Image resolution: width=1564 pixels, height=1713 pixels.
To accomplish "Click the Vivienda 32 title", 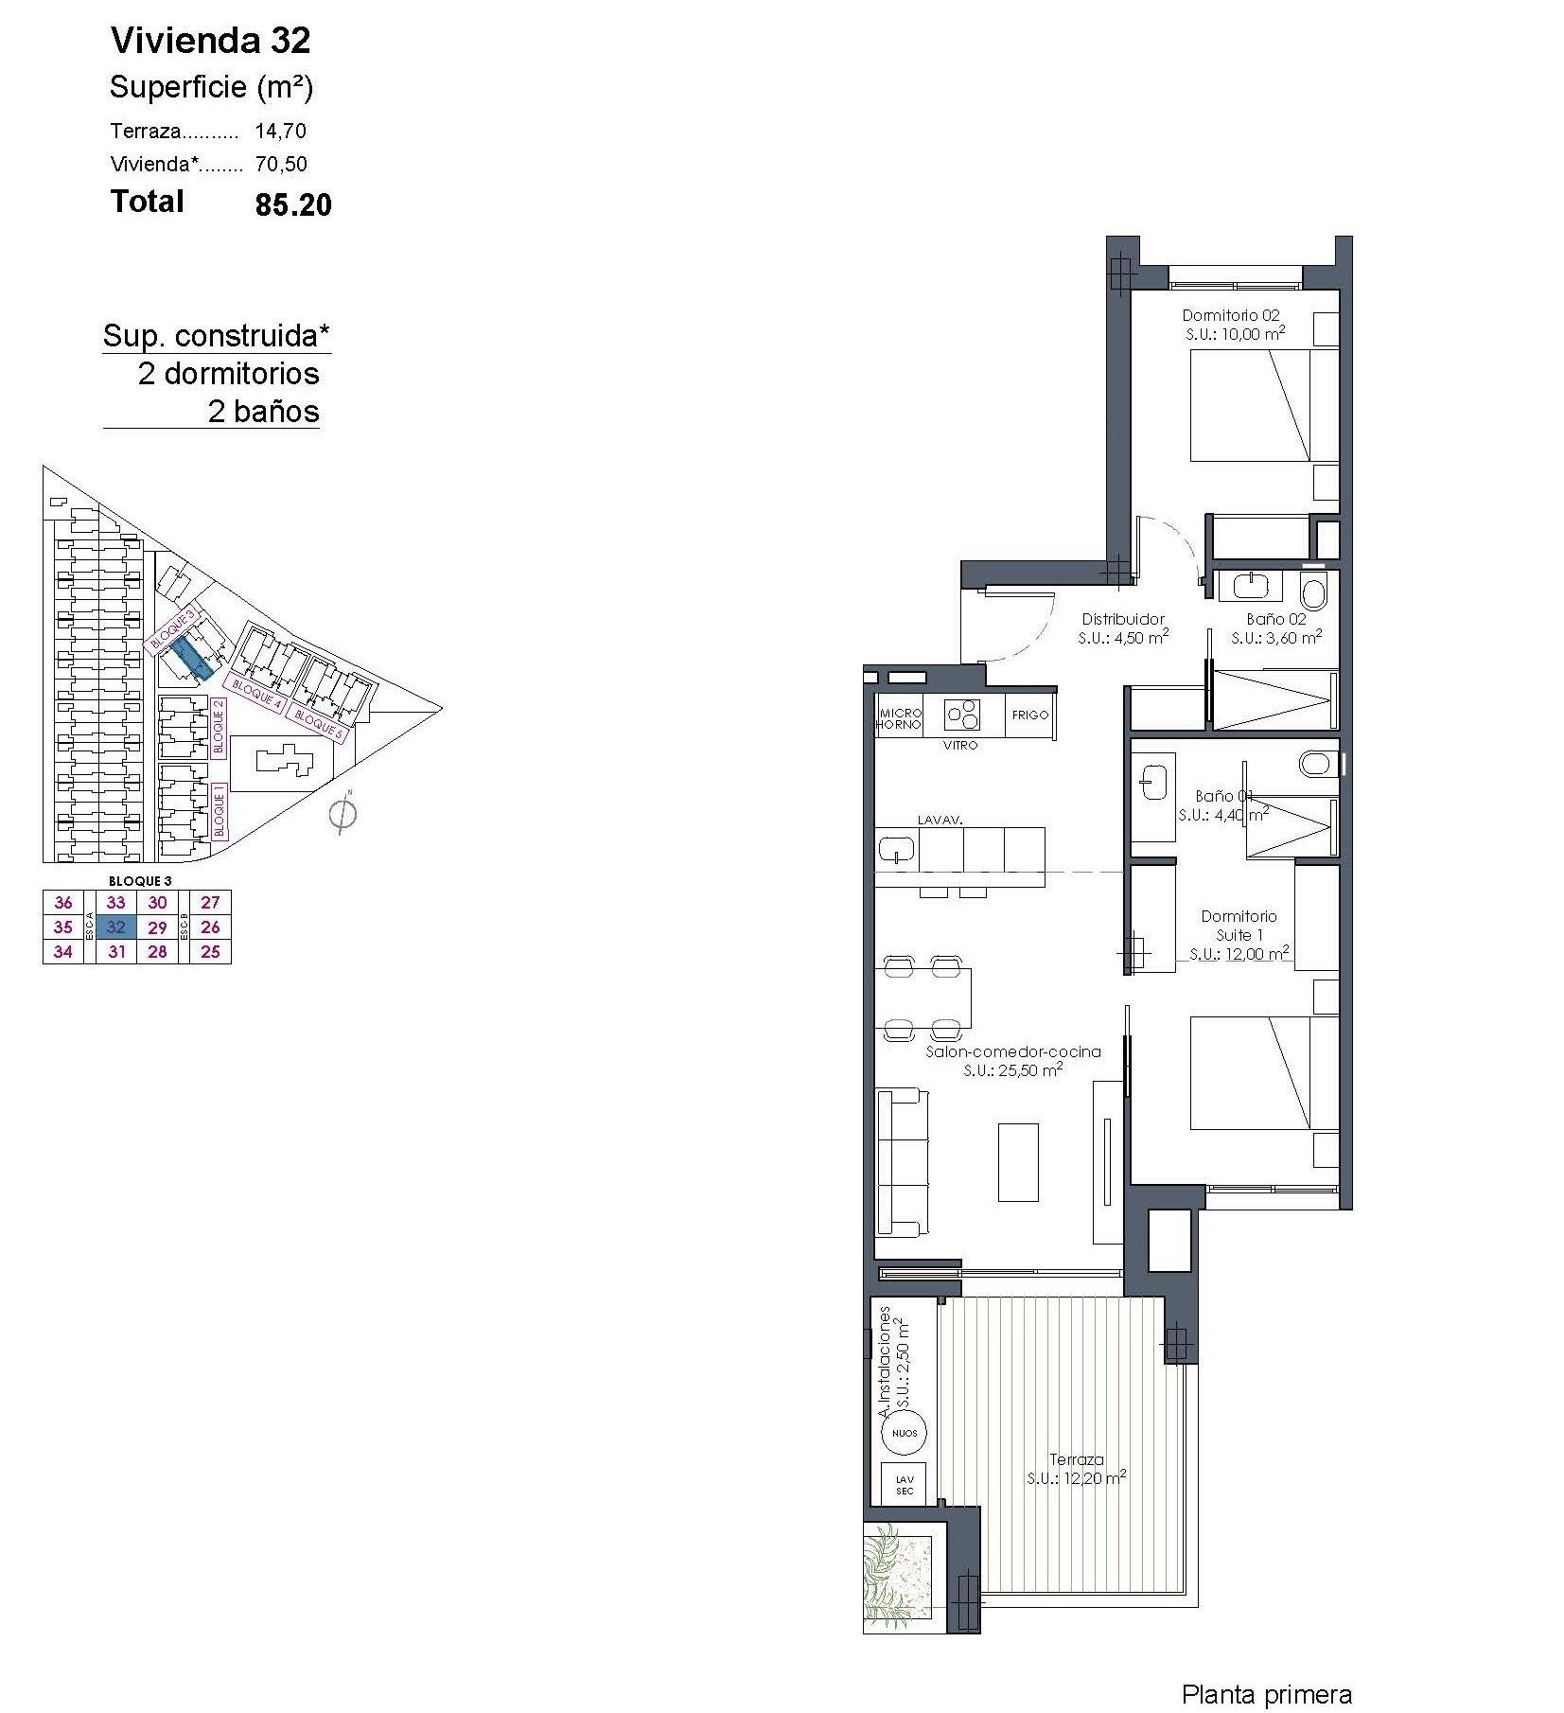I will pos(210,41).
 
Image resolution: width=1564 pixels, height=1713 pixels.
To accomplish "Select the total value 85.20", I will pos(292,205).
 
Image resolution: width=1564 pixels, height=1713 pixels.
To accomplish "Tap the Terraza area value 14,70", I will pos(280,132).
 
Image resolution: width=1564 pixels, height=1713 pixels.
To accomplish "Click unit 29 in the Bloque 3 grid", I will pos(157,927).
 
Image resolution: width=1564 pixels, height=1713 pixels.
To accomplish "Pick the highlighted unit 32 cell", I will pos(115,927).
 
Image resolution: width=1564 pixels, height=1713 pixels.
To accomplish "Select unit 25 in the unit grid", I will pos(210,952).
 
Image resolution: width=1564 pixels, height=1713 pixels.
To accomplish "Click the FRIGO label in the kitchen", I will pos(1029,715).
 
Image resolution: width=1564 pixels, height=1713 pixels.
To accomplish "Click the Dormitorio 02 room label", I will pos(1233,325).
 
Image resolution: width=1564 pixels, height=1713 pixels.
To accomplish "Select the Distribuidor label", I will pos(1123,627).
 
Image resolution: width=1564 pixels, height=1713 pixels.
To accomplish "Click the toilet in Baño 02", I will pos(1313,592).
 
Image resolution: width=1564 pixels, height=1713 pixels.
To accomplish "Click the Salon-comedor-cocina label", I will pos(1012,1060).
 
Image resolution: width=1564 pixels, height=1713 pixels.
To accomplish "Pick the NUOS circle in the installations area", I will pos(904,1433).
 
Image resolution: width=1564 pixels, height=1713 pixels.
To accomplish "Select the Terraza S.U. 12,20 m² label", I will pos(1076,1469).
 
